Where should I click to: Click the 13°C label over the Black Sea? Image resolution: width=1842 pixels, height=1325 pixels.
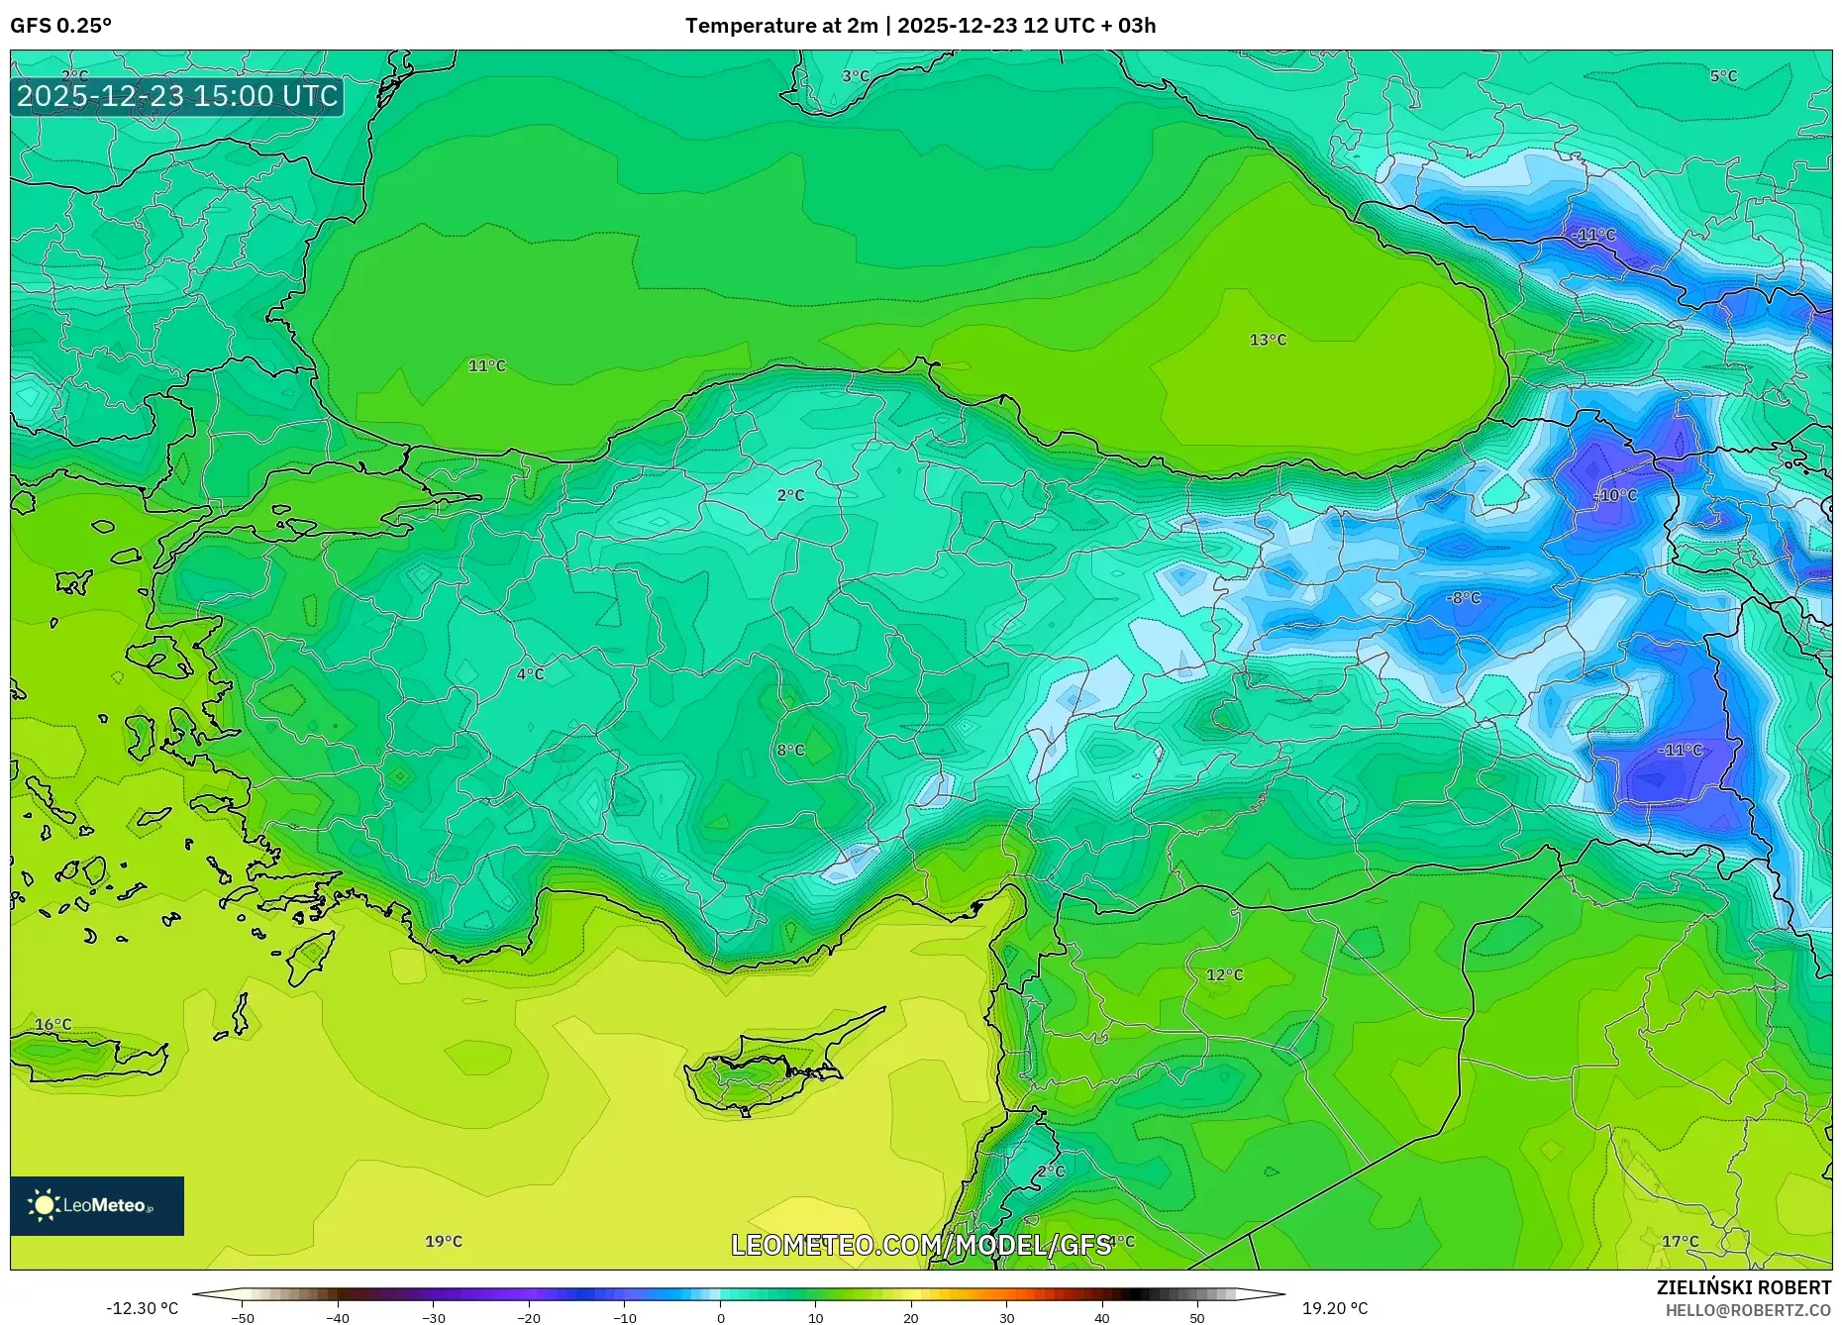tap(1268, 340)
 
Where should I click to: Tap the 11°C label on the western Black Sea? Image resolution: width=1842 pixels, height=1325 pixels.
tap(486, 365)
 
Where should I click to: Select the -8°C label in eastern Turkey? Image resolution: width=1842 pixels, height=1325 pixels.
tap(1463, 598)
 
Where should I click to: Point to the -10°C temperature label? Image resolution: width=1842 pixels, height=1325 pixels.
tap(1614, 495)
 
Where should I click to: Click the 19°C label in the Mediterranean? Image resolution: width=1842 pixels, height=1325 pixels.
tap(443, 1241)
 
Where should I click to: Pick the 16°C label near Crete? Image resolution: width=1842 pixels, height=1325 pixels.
tap(52, 1025)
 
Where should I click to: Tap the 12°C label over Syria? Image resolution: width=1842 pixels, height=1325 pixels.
tap(1224, 974)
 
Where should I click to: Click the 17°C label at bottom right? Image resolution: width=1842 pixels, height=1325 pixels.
tap(1680, 1241)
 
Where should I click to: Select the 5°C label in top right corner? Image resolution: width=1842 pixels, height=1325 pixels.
tap(1723, 76)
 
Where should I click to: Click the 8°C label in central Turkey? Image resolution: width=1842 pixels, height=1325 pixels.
tap(790, 750)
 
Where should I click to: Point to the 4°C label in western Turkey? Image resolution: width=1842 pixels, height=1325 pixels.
tap(530, 674)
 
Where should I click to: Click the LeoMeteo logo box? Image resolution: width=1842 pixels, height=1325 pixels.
tap(97, 1205)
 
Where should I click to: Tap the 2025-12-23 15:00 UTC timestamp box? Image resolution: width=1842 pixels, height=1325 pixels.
tap(177, 96)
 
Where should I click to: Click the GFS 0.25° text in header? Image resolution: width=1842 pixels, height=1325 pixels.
tap(60, 26)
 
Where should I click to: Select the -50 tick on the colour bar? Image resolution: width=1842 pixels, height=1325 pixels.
tap(243, 1317)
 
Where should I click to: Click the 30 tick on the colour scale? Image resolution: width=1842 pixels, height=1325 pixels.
tap(1006, 1317)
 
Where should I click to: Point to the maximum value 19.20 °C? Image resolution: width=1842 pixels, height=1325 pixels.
tap(1334, 1308)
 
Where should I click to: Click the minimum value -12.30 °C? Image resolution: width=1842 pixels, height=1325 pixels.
tap(142, 1308)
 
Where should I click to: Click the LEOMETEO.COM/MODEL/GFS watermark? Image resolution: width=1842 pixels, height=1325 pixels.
tap(921, 1245)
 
